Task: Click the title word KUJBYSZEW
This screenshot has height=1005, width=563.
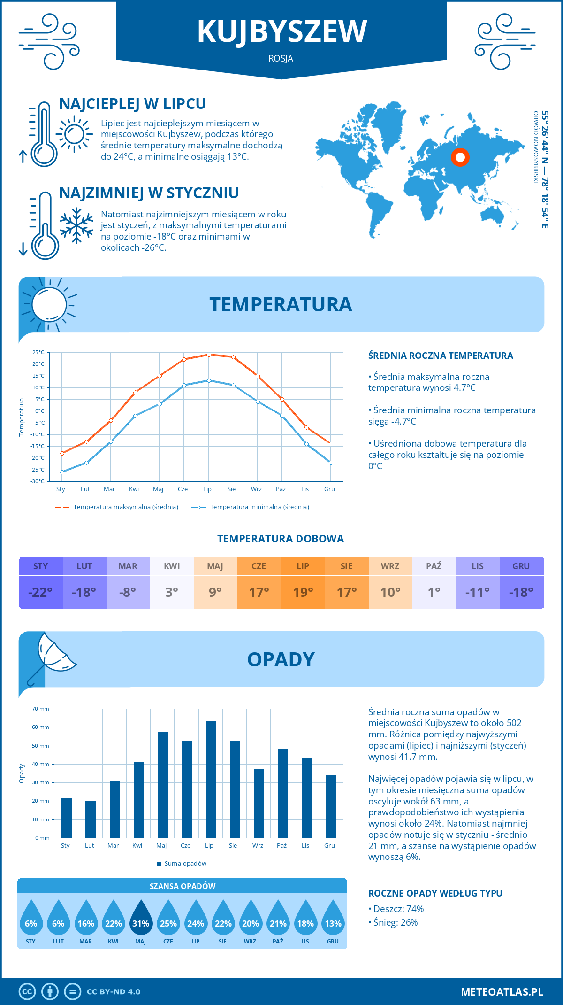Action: [281, 32]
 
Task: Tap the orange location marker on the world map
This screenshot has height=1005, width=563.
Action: [460, 157]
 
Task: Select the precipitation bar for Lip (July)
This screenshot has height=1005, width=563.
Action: [211, 780]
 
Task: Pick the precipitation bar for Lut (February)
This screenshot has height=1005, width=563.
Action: [91, 819]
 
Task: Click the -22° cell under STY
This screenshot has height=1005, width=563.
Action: [41, 592]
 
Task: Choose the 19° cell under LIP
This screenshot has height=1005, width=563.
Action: [303, 592]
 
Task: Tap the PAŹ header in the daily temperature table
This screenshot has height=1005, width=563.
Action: [434, 566]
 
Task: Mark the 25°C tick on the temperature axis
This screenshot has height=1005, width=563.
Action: [38, 352]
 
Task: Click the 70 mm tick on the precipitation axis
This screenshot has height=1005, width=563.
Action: [41, 709]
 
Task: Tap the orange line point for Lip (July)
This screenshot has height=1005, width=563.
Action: [209, 355]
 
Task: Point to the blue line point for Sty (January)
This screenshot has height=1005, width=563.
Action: [62, 472]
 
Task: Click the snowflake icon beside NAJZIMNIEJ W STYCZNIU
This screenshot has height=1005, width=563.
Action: [76, 225]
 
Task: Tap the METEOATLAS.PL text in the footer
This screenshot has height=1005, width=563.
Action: [502, 991]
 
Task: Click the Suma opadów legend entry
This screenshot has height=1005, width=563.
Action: [185, 863]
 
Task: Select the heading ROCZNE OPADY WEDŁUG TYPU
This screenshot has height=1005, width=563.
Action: [435, 893]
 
